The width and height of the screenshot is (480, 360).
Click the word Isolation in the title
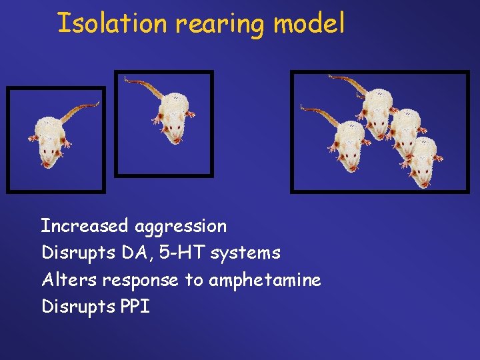(x=112, y=23)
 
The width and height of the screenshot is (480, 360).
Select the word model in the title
(x=309, y=23)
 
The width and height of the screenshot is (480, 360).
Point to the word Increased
(x=85, y=226)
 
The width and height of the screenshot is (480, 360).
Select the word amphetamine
(x=265, y=281)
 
